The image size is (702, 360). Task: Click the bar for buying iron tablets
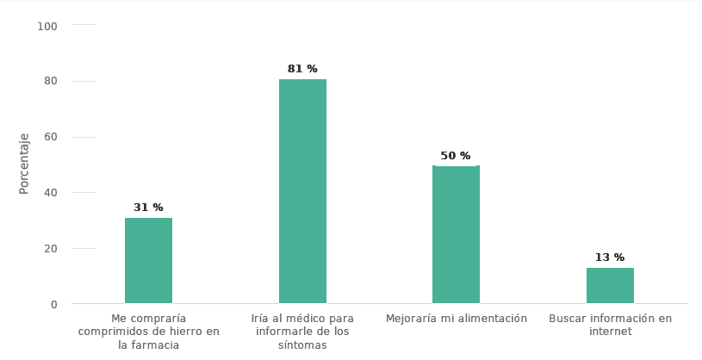pos(148,260)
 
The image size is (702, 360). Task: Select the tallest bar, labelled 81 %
pos(302,191)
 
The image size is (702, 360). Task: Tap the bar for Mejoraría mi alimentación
pos(456,234)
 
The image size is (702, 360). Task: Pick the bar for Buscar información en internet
pos(610,285)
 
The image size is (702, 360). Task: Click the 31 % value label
pos(148,208)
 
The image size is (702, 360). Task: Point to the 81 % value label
pos(302,69)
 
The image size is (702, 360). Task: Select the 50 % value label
pos(456,156)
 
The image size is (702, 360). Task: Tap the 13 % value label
pos(610,258)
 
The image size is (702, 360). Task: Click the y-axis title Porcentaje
pos(25,163)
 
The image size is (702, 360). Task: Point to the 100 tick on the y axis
pos(47,26)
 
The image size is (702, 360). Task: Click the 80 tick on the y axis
pos(50,81)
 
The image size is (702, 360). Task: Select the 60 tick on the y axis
pos(50,137)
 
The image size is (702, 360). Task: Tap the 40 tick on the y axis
pos(50,192)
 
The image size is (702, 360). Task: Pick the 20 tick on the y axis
pos(50,248)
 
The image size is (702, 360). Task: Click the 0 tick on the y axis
pos(53,304)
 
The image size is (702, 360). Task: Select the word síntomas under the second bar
pos(302,345)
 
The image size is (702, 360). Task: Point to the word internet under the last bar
pos(610,332)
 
